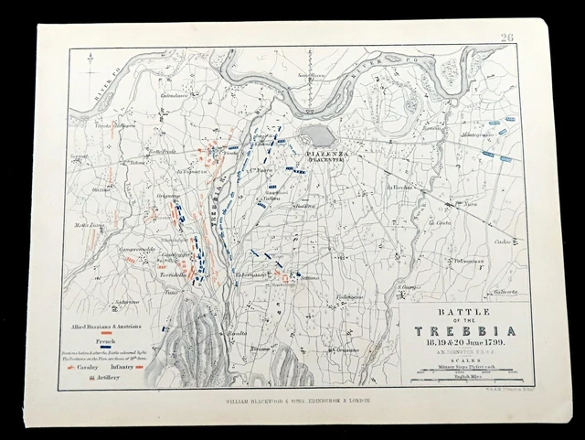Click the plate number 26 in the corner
[x=508, y=38]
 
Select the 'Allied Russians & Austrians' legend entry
[x=107, y=324]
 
